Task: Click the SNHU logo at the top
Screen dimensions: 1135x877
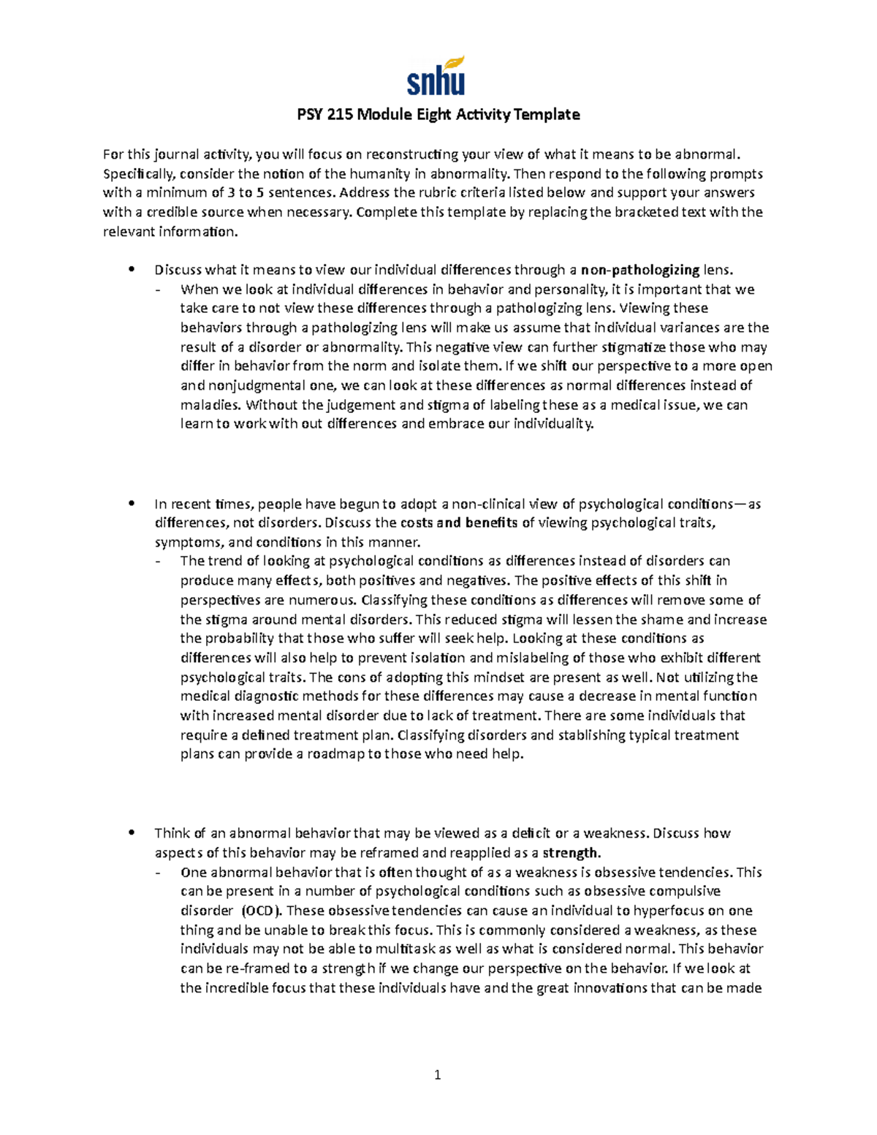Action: [436, 77]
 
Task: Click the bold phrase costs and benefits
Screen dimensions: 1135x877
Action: [459, 523]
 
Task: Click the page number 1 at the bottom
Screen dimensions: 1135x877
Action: [438, 1074]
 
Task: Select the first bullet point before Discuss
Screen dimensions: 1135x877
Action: [132, 270]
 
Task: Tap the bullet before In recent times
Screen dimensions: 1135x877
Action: [132, 504]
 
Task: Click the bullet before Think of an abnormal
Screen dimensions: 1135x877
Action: [132, 833]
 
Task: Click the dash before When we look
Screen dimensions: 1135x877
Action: [159, 289]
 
